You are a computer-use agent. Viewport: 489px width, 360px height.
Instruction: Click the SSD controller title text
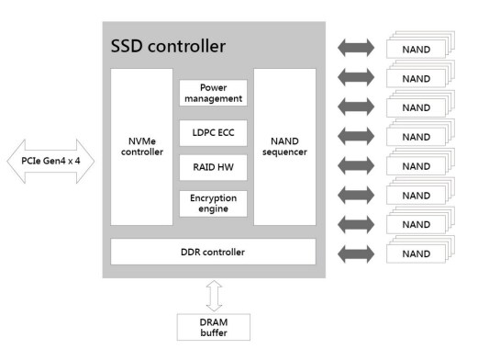coord(168,46)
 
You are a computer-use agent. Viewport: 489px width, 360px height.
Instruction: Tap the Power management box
coord(213,93)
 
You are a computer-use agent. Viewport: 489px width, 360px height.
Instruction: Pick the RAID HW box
coord(213,167)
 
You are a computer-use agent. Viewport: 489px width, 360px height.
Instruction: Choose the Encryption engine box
coord(213,203)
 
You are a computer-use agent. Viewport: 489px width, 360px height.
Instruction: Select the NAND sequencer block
coord(284,146)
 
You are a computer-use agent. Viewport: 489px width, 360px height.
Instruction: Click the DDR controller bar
coord(213,251)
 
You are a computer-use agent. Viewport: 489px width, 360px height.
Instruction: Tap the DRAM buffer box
coord(213,326)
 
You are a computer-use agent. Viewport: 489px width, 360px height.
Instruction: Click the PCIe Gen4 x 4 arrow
coord(51,162)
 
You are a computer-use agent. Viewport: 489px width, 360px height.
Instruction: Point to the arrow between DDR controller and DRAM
coord(213,295)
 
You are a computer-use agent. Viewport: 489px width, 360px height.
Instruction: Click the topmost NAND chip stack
coord(416,48)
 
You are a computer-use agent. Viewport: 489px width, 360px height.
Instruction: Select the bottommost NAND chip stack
coord(416,253)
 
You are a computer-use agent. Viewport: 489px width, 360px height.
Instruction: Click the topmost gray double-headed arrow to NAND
coord(357,47)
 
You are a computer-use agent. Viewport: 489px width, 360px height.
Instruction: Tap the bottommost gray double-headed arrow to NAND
coord(357,253)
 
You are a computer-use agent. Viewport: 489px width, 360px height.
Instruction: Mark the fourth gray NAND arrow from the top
coord(357,136)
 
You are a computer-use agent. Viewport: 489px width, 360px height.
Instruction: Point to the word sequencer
coord(284,152)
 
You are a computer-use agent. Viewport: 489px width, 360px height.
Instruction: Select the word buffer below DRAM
coord(213,332)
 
